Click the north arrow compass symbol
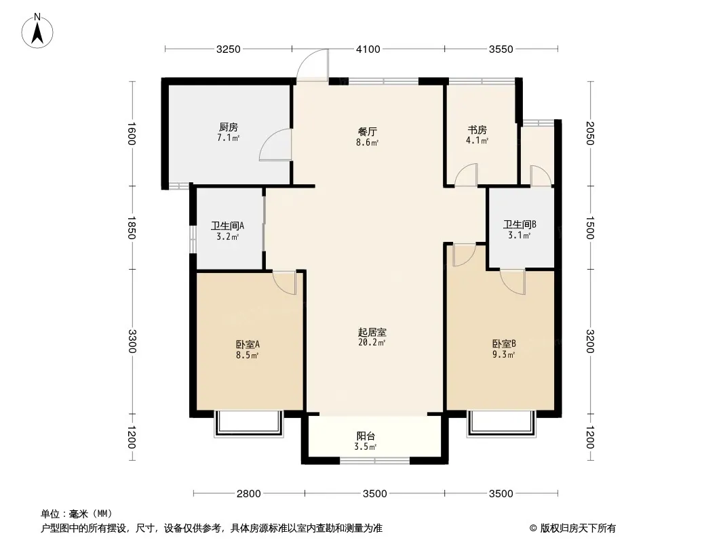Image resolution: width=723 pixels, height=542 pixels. [x=37, y=30]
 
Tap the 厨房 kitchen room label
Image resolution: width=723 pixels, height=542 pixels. [x=229, y=127]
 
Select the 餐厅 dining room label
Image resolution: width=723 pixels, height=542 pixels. [x=367, y=131]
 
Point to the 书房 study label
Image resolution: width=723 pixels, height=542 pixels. [x=477, y=130]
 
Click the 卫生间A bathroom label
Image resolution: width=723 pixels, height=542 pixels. [x=227, y=226]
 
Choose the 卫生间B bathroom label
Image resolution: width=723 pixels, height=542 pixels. [x=520, y=225]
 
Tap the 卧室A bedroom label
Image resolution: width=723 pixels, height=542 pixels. [x=248, y=344]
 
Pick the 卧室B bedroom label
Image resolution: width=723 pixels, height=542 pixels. [x=504, y=343]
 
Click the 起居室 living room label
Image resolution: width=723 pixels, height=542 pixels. [x=372, y=332]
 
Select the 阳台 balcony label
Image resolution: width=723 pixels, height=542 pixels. [x=366, y=436]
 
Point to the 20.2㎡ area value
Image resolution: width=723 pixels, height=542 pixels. [x=372, y=343]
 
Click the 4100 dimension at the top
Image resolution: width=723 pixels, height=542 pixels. [x=368, y=49]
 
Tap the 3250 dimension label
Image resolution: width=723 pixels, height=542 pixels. [x=229, y=49]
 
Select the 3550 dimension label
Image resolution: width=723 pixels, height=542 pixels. [x=501, y=49]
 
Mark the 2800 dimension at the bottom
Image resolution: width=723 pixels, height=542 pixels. [x=249, y=494]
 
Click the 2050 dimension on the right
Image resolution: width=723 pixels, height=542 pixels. [x=590, y=133]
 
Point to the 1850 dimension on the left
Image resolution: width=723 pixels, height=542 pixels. [x=132, y=228]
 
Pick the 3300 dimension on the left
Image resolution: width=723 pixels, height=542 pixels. [x=132, y=341]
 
